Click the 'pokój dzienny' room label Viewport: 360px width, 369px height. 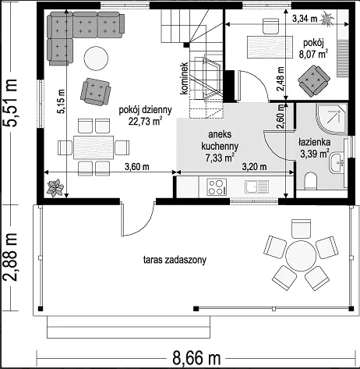(x=145, y=110)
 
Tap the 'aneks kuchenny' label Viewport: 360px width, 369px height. (x=220, y=140)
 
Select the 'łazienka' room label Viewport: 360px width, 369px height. (x=314, y=142)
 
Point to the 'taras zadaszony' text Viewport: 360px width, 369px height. (x=175, y=260)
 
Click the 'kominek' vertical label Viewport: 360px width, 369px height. (x=184, y=78)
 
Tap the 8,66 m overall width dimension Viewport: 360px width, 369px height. (x=196, y=358)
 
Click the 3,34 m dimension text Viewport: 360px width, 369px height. (x=305, y=19)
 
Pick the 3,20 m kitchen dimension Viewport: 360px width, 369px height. (x=254, y=166)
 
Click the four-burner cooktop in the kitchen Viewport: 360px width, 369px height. (x=217, y=186)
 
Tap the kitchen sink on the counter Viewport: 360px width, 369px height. (x=256, y=186)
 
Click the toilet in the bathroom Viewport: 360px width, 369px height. (x=310, y=181)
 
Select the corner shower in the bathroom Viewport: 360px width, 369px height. (x=332, y=119)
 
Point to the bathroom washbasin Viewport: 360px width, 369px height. (x=337, y=163)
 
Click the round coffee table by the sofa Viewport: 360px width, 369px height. (x=96, y=59)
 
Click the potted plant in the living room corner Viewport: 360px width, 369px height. (x=55, y=187)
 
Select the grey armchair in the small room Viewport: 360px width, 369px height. (x=314, y=81)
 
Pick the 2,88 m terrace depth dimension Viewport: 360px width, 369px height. (x=11, y=257)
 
